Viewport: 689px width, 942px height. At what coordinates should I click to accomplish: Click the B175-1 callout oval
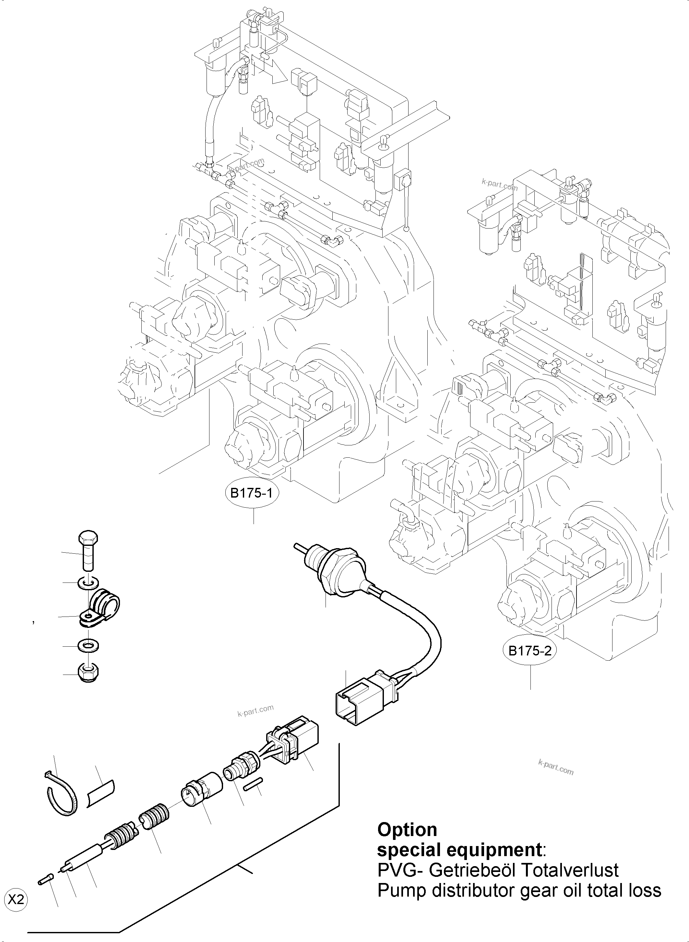tap(252, 493)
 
